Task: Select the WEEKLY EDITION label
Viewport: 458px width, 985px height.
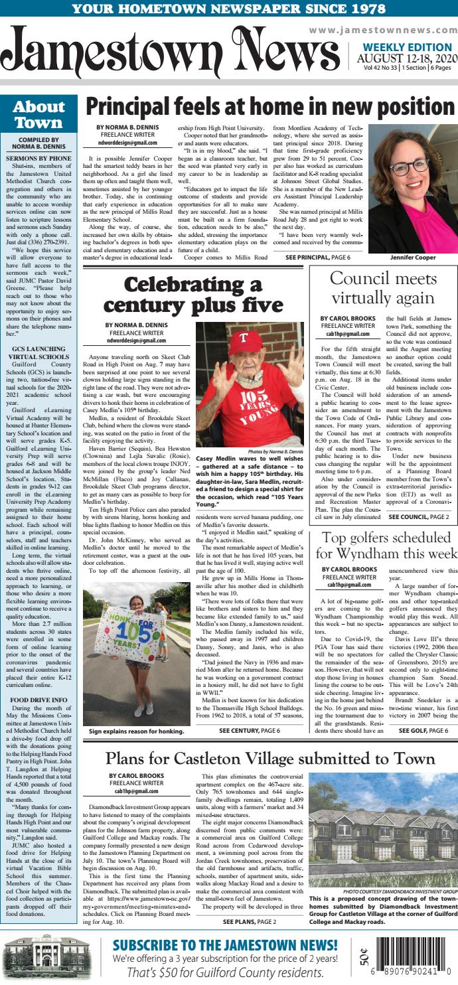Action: click(x=407, y=47)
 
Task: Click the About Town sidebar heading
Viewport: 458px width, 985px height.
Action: click(x=38, y=115)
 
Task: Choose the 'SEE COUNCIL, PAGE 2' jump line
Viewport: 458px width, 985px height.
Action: click(x=418, y=516)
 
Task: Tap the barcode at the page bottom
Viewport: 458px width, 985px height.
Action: click(x=411, y=956)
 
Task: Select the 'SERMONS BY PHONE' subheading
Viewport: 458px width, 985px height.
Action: click(x=39, y=159)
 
